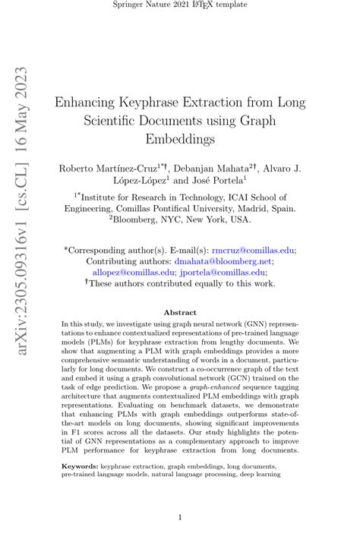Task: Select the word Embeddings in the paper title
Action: coord(180,140)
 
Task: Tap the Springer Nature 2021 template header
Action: coord(180,5)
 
